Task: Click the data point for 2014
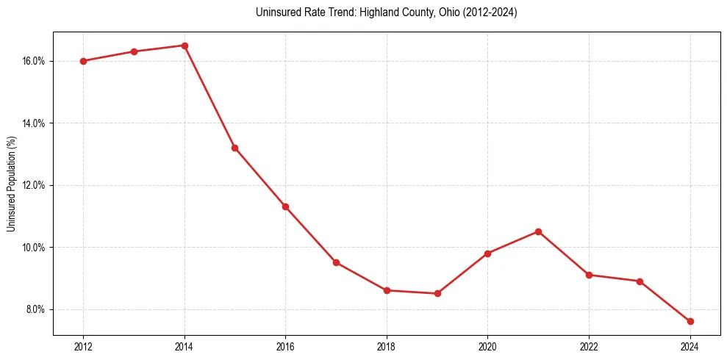185,46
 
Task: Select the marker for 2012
83,61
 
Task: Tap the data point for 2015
235,148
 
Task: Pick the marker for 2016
285,206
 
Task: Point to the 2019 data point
437,293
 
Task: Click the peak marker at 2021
538,231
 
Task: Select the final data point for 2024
690,321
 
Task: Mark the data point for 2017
336,262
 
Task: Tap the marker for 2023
640,281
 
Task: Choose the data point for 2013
134,51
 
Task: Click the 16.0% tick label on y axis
34,61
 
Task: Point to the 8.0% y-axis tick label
35,309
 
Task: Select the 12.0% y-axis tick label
34,185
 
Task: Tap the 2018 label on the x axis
387,347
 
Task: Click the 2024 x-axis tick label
690,347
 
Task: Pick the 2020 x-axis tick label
487,347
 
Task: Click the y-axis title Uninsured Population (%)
11,184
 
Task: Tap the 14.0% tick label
34,123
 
